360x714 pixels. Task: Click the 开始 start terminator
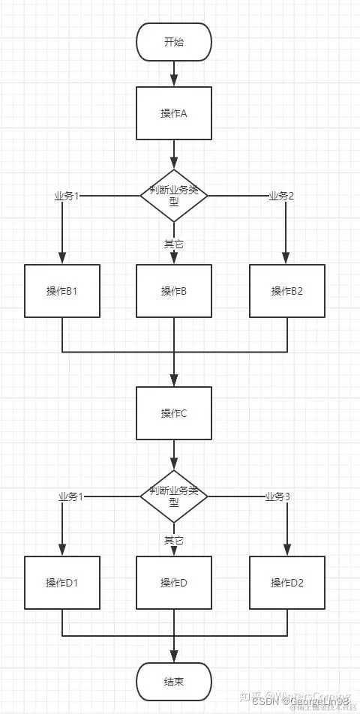coord(174,41)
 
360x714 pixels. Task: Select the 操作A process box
coord(174,113)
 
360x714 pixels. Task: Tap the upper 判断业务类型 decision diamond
coord(174,195)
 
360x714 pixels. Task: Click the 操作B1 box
coord(61,290)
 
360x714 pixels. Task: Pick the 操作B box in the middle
coord(174,290)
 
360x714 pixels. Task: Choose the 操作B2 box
coord(287,290)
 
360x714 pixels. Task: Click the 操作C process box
coord(174,413)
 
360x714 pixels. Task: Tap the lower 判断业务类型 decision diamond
coord(174,496)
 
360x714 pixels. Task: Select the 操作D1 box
coord(61,582)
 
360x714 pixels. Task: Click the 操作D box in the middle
coord(174,582)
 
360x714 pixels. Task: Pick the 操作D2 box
coord(287,582)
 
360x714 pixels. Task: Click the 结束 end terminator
coord(174,682)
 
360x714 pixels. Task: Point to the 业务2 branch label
coord(280,196)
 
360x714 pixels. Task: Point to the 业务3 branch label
coord(277,496)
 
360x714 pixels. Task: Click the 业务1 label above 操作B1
coord(67,196)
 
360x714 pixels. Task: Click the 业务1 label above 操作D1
coord(70,496)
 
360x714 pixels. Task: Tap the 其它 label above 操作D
coord(173,540)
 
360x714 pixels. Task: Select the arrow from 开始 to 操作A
coord(174,73)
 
